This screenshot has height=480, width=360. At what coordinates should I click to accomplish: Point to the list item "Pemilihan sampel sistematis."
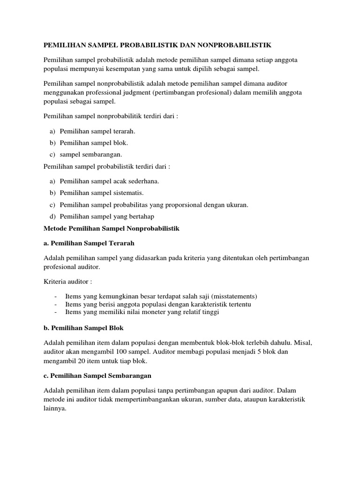(x=102, y=193)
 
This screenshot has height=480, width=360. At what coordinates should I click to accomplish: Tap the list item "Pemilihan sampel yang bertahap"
(x=107, y=216)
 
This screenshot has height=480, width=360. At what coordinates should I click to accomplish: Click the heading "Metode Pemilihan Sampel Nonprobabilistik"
(x=112, y=228)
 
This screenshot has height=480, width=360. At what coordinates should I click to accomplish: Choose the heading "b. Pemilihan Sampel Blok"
(x=83, y=327)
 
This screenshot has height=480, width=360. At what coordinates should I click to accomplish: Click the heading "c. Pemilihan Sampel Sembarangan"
(x=97, y=375)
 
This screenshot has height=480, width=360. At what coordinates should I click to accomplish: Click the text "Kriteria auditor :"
(x=68, y=282)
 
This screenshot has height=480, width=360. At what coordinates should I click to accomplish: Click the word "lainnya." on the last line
(x=55, y=408)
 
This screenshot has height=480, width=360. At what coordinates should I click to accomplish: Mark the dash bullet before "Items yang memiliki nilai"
(x=56, y=312)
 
